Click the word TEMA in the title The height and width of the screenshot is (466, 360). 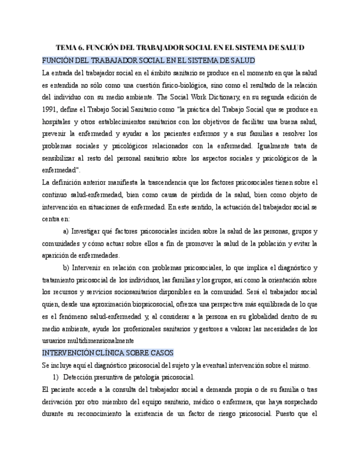[67, 48]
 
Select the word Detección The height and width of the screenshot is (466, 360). [80, 377]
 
